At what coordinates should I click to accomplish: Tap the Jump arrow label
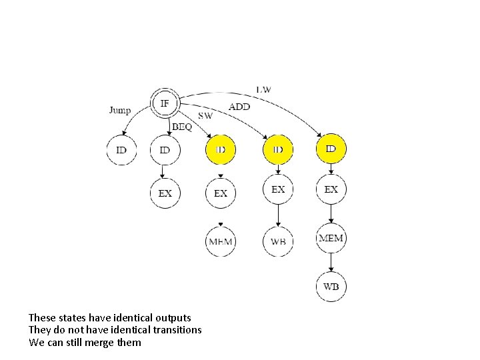pos(120,110)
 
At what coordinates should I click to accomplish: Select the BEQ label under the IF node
pos(182,126)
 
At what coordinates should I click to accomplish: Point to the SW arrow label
pos(205,115)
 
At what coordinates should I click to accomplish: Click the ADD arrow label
pos(240,107)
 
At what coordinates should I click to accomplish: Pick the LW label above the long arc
pos(263,89)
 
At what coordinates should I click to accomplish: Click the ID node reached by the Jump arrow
pos(121,150)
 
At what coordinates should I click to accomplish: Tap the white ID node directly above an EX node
pos(165,150)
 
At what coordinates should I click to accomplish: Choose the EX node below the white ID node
pos(165,193)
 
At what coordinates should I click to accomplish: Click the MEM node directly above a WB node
pos(331,238)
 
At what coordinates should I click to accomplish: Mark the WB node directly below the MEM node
pos(331,287)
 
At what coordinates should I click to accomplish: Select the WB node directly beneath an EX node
pos(278,241)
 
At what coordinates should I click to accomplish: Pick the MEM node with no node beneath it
pos(221,241)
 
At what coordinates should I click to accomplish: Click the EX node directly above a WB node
pos(278,190)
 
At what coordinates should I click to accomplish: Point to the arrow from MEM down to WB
pos(331,263)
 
